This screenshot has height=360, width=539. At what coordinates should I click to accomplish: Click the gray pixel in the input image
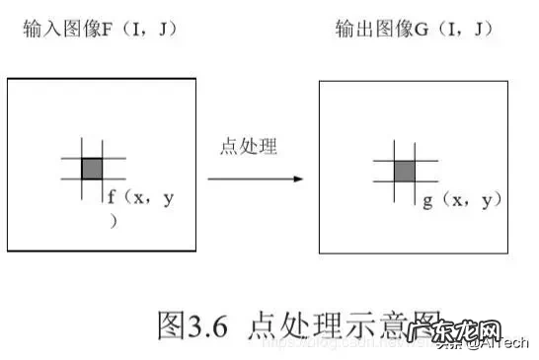91,168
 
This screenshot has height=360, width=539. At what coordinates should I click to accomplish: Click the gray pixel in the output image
404,171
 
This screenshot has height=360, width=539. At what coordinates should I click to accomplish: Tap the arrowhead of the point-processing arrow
296,179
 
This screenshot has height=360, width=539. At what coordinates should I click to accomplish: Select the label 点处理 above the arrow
248,148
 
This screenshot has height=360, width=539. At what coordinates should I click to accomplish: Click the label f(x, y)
142,199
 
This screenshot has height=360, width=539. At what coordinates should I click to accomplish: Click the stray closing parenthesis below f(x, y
113,222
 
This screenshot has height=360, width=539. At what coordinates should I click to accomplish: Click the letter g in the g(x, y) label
427,201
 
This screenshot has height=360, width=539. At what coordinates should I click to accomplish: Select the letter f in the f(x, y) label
113,197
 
